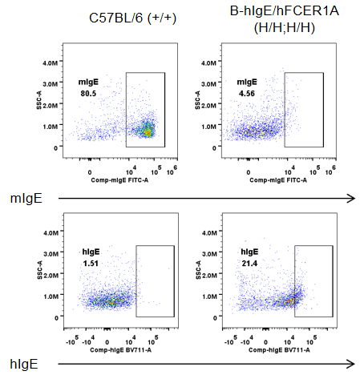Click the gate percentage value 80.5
click(88, 94)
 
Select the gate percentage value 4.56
click(247, 94)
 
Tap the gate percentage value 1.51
click(91, 264)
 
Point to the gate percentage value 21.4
click(249, 264)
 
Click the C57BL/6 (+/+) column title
click(132, 18)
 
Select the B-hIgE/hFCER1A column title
click(285, 11)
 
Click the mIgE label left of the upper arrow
click(26, 199)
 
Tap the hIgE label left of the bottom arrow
click(24, 364)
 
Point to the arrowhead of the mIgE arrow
click(352, 198)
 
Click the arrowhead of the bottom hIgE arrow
click(352, 364)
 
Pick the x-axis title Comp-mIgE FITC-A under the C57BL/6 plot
click(119, 180)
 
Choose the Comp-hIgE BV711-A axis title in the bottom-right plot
click(279, 350)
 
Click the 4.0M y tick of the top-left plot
click(51, 63)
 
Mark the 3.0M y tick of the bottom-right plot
click(209, 254)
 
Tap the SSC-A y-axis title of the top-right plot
click(198, 100)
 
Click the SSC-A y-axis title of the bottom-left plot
click(40, 270)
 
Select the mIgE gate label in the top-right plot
click(247, 82)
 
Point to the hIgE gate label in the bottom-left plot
click(91, 252)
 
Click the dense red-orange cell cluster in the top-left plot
click(147, 131)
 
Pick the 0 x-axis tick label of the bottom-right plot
click(265, 342)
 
